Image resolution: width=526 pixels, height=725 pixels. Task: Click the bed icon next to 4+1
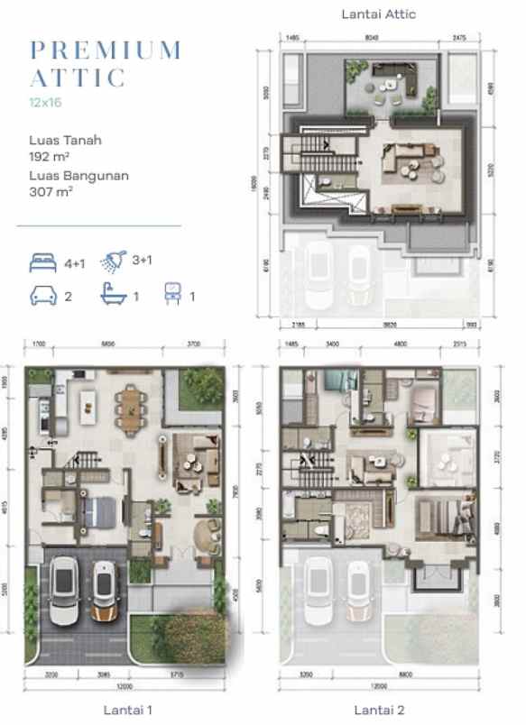[x=42, y=262]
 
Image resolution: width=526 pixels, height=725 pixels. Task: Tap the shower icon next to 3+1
[x=113, y=261]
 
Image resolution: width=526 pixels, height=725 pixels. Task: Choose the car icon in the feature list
[x=42, y=295]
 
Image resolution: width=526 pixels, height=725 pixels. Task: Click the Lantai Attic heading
[x=378, y=14]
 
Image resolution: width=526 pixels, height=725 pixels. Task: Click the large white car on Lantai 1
[x=64, y=592]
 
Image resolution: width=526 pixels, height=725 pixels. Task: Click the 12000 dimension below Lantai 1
[x=123, y=687]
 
